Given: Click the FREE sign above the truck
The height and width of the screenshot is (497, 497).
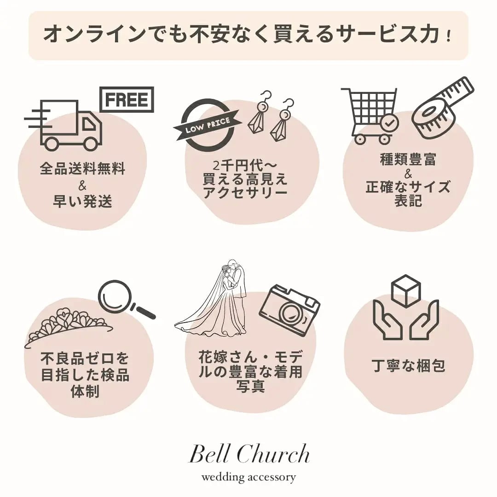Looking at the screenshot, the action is pos(127,99).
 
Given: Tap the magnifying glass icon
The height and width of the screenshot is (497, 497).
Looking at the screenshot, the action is pos(122,298).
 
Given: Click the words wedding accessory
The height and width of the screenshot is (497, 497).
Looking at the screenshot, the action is pos(248,477).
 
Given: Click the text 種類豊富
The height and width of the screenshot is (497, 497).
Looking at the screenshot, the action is pos(408,160).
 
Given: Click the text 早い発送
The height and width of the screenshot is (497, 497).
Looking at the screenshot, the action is pos(82,202).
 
